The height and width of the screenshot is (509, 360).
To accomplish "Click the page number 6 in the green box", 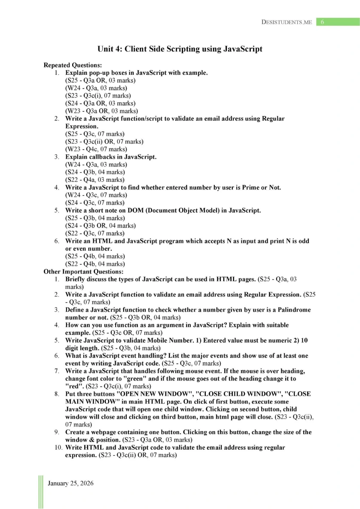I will (322, 22).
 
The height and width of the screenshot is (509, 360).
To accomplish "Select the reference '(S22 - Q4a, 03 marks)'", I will (95, 180).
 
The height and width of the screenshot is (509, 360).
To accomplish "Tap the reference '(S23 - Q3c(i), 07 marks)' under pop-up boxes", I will (98, 95).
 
